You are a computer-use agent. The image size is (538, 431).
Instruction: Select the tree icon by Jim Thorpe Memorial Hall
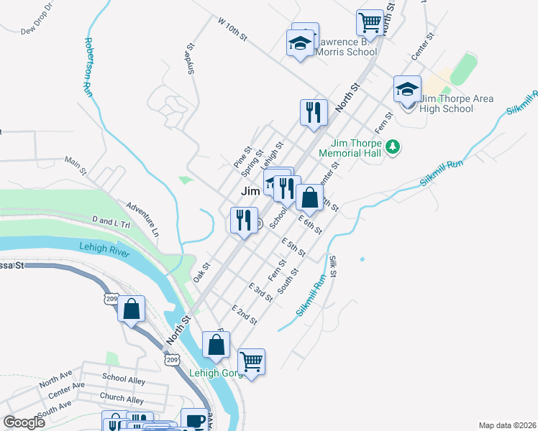coord(392,147)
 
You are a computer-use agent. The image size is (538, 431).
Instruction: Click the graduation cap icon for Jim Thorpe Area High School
coord(407,90)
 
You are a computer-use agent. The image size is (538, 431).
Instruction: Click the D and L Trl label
coord(110,221)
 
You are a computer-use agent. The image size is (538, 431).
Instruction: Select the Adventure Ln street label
coord(142,219)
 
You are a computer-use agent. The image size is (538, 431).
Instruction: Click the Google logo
coord(24,422)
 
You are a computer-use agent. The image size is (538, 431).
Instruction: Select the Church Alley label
coord(122,399)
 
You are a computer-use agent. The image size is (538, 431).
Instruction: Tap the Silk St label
coord(333,266)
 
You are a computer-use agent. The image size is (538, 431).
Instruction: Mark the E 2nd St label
coord(244,314)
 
